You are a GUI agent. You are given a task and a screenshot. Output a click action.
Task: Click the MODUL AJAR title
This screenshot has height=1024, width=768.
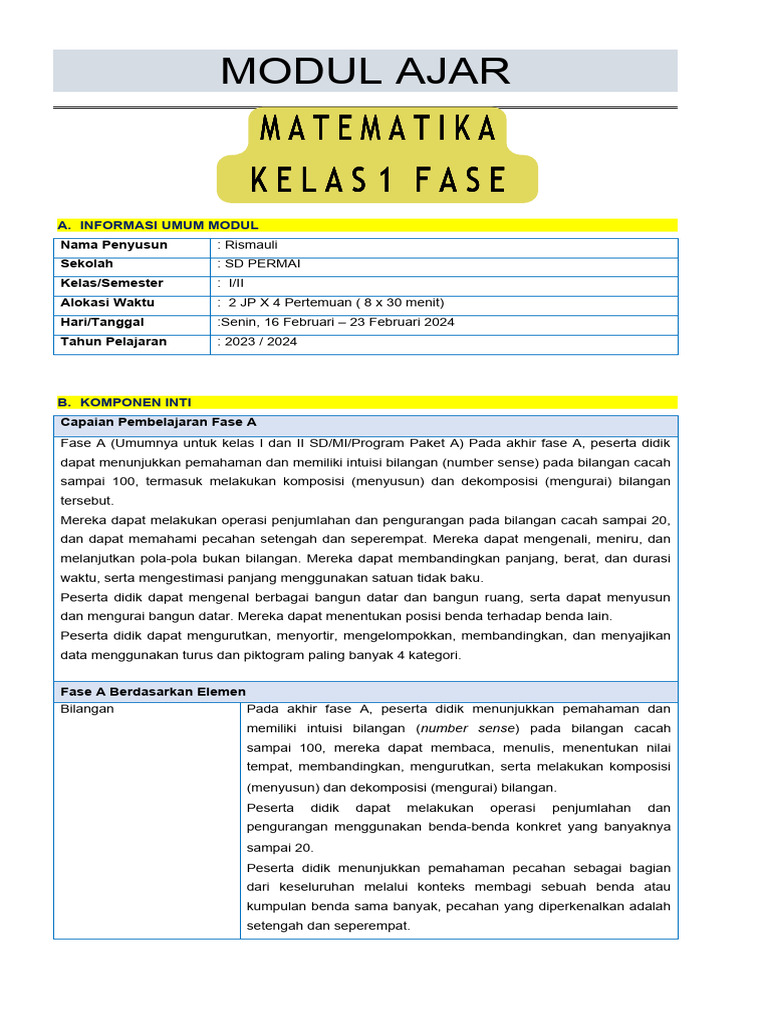[x=365, y=71]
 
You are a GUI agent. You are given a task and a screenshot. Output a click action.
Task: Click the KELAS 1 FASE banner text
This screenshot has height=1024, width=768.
[x=378, y=180]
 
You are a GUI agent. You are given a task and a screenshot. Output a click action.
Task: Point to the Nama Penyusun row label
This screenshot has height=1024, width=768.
[x=114, y=245]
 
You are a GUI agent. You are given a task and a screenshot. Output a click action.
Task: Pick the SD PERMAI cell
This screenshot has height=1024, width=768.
[x=259, y=264]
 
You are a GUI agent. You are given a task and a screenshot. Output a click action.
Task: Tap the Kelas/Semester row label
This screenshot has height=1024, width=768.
[x=112, y=283]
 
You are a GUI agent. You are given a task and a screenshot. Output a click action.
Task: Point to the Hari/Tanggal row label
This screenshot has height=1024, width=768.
[x=102, y=322]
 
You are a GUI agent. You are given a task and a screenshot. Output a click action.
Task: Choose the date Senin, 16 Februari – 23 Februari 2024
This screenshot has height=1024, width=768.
[x=336, y=322]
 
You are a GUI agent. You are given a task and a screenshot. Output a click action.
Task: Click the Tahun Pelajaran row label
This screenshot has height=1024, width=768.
[x=113, y=341]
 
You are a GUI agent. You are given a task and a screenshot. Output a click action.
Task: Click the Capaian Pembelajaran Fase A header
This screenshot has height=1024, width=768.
[x=159, y=422]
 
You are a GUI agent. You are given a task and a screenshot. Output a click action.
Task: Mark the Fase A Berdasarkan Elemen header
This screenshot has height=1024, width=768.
[x=153, y=691]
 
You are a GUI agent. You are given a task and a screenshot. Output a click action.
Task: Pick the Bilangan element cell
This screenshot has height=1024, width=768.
[x=87, y=709]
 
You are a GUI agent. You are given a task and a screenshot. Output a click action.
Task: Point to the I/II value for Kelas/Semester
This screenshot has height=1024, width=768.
[x=236, y=283]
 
